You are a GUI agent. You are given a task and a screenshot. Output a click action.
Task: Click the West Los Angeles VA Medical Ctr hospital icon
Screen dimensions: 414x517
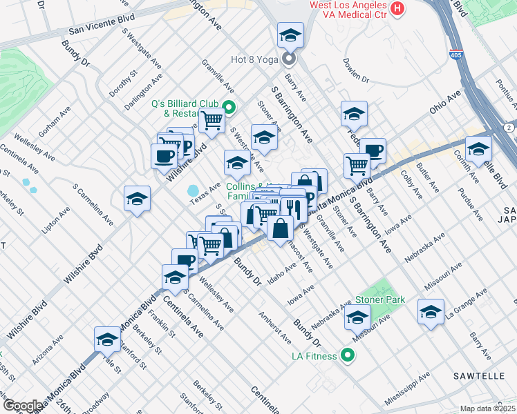click(397, 9)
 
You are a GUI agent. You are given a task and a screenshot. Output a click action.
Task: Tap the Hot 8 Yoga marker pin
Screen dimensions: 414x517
click(289, 59)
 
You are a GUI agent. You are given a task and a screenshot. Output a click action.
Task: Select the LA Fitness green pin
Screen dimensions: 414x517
click(347, 356)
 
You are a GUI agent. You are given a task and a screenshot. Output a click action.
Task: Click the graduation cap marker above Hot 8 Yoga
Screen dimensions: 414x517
click(290, 35)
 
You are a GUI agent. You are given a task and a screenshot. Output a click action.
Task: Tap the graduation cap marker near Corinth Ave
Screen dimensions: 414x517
click(478, 149)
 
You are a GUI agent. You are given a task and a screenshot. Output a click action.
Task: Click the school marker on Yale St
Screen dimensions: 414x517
click(108, 339)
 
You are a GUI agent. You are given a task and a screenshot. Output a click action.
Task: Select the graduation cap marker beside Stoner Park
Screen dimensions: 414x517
click(357, 319)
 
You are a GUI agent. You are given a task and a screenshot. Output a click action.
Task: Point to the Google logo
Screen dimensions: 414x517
click(23, 405)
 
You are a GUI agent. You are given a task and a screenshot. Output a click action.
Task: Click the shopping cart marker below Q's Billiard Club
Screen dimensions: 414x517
click(211, 121)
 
